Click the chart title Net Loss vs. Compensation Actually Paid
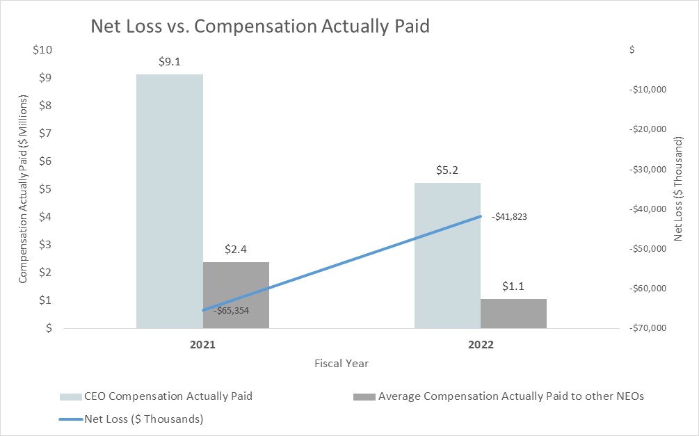260,27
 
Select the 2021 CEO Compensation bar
169,202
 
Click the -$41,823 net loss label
509,217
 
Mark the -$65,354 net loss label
231,311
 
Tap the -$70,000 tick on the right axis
648,328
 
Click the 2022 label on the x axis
481,345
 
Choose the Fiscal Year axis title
341,364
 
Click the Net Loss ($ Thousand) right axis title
680,189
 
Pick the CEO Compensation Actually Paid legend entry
157,396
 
